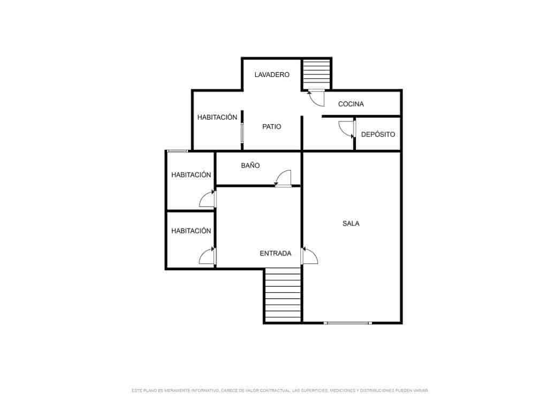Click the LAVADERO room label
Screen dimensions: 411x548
coord(272,74)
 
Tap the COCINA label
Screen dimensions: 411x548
coord(351,104)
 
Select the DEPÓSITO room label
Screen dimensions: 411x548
coord(378,134)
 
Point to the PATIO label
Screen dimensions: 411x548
coord(271,127)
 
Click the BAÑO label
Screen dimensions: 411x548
coord(250,165)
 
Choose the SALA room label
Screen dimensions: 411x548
coord(351,223)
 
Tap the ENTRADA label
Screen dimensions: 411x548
coord(275,253)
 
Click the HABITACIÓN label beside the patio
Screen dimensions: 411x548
coord(217,117)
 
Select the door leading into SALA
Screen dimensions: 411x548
coord(309,256)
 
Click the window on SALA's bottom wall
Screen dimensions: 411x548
coord(348,323)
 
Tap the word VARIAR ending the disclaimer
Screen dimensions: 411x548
coord(420,391)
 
